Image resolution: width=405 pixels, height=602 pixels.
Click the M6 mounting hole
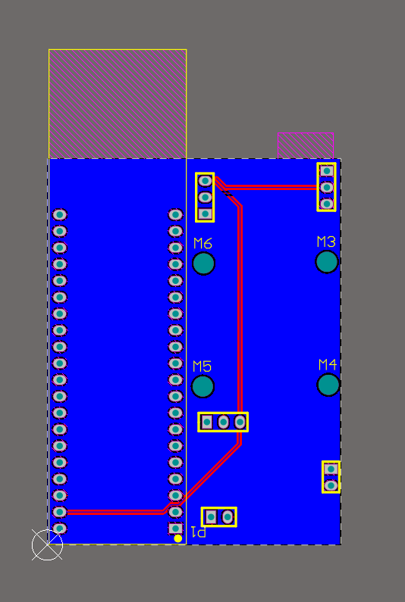click(203, 264)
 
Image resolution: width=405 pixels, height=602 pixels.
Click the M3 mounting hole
click(327, 262)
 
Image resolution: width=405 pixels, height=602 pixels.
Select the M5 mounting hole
click(202, 387)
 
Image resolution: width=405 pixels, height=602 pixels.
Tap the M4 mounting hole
click(328, 385)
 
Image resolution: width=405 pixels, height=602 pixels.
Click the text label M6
click(202, 243)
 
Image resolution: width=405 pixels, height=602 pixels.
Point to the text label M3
click(326, 242)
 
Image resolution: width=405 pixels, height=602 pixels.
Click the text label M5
click(202, 367)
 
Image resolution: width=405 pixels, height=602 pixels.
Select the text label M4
click(328, 364)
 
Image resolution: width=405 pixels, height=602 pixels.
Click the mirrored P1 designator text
click(199, 532)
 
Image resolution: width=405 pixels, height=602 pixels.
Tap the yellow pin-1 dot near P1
click(177, 538)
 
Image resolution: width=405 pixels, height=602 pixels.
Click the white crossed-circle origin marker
click(47, 544)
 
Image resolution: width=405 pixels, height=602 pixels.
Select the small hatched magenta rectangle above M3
click(306, 145)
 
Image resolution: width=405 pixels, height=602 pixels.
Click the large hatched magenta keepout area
click(118, 104)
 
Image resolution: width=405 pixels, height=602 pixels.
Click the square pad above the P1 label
click(175, 529)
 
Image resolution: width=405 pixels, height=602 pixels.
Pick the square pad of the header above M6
click(205, 214)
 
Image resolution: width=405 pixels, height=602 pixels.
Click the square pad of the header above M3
click(327, 170)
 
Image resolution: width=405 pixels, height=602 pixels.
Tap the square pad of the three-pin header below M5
click(207, 423)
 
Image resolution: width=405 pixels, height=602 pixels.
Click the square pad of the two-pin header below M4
click(331, 469)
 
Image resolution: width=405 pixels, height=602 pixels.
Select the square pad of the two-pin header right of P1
click(211, 517)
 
